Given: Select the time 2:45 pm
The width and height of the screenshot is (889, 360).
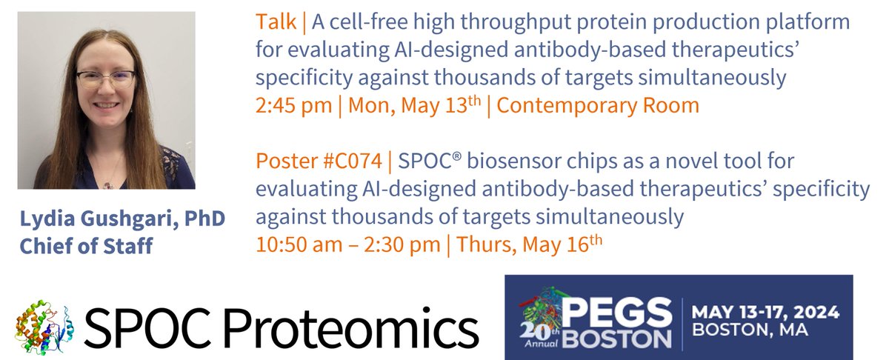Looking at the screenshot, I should coord(293,105).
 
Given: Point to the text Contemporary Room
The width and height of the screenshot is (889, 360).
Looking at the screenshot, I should coord(598,105).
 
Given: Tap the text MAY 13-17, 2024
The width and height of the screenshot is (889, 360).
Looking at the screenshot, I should coord(765,312).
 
